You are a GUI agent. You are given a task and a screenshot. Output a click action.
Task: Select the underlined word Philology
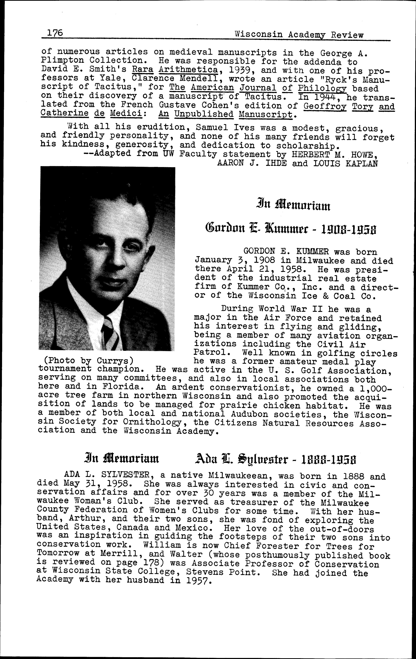[322, 88]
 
